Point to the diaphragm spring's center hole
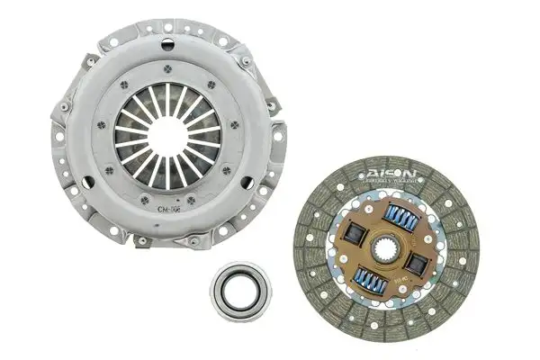[167, 131]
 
